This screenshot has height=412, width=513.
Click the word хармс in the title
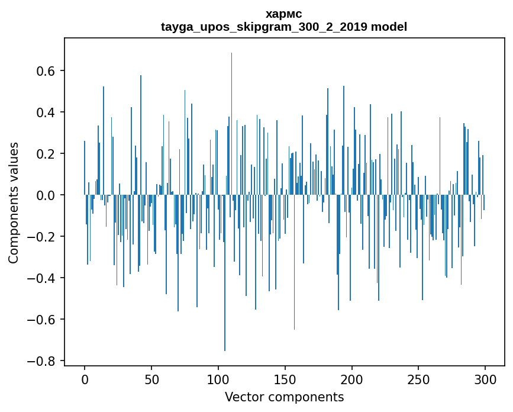(284, 14)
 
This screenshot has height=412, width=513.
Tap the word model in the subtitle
(389, 27)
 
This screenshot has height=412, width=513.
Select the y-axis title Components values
(14, 202)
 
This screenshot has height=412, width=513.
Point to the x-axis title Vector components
(284, 397)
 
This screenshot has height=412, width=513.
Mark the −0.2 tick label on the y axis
(43, 237)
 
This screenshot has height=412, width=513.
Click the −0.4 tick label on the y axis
(43, 278)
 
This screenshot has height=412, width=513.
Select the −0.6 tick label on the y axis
(43, 320)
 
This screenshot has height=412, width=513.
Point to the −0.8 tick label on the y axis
(43, 361)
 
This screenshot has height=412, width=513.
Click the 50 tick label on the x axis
(151, 379)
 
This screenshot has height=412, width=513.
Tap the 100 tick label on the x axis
(218, 379)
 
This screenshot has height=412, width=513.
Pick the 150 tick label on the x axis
(285, 379)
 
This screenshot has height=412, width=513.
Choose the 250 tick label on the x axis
(419, 379)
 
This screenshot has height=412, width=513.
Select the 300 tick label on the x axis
(485, 379)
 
